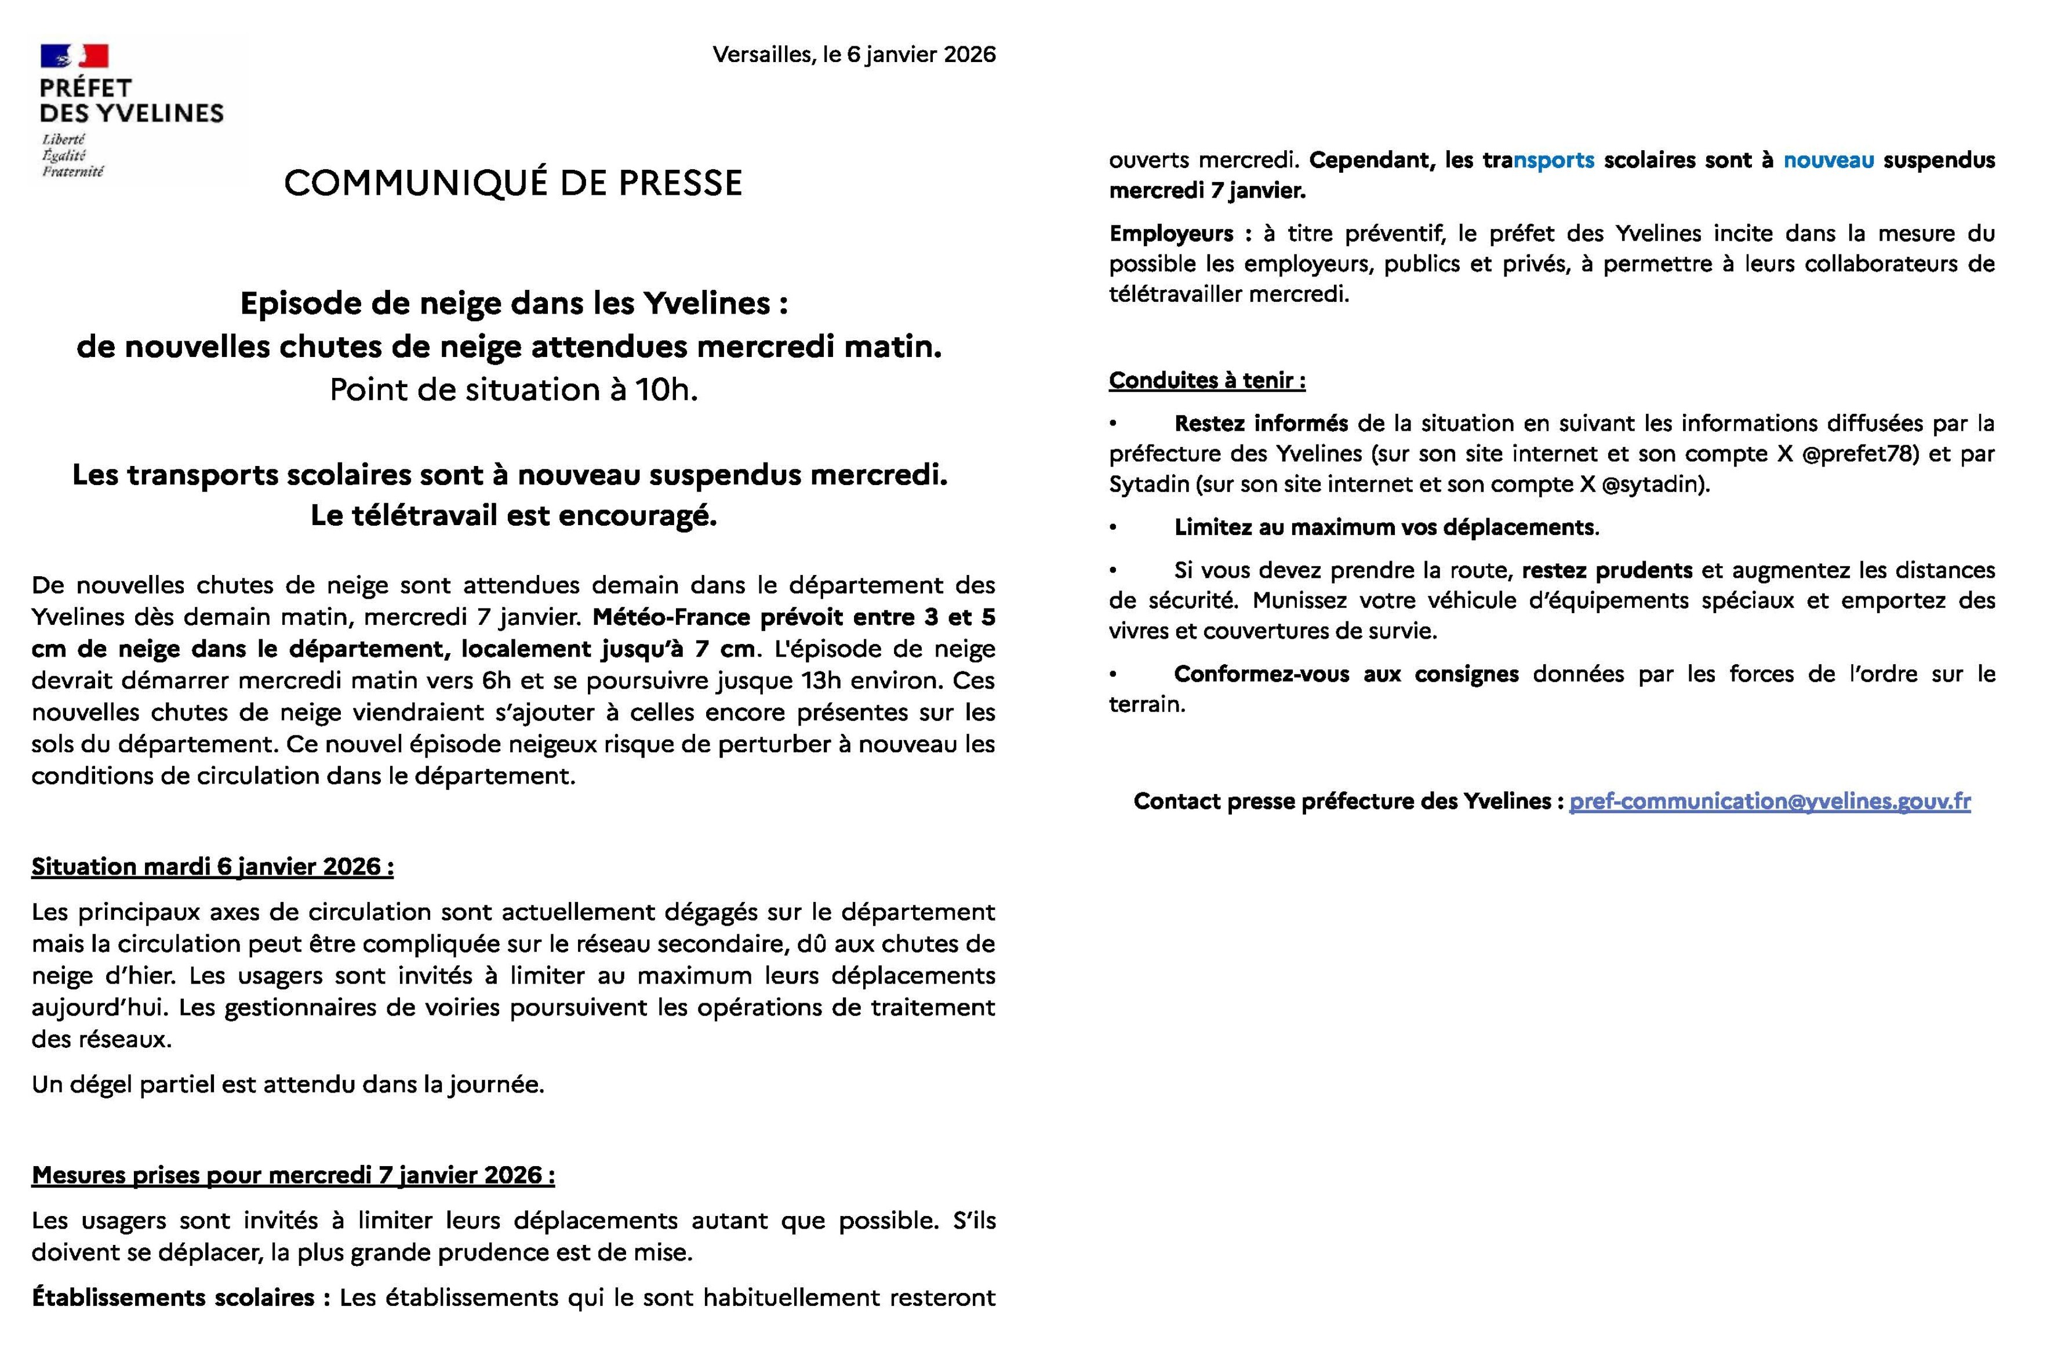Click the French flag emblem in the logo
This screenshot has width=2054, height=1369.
(74, 56)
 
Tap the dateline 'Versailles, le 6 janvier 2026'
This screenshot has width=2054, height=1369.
(853, 54)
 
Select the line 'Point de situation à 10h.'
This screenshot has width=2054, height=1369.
(514, 389)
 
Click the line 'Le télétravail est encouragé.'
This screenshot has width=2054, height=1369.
(514, 516)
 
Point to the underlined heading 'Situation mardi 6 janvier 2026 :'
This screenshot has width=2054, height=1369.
(212, 867)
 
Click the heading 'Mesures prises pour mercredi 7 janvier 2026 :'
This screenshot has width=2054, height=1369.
(293, 1175)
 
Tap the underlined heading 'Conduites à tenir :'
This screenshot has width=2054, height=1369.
(1207, 381)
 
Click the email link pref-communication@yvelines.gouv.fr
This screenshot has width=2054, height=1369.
(1769, 802)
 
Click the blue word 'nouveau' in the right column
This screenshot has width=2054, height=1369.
(1828, 161)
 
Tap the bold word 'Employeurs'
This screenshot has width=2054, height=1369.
(1170, 234)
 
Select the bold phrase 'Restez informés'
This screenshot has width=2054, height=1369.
(1260, 424)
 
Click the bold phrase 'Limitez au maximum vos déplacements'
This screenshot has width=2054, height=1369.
(1385, 527)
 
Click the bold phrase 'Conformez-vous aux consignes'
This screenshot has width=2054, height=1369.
(1346, 674)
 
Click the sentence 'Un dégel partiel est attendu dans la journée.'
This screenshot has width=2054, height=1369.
(288, 1084)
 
